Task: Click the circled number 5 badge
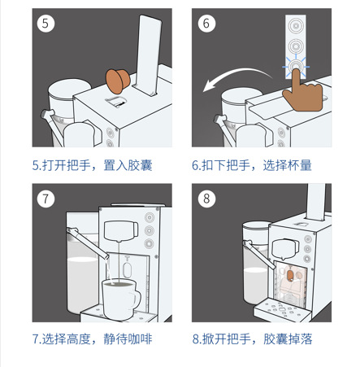46,24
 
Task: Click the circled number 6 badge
206,24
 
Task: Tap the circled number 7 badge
46,199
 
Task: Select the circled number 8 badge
206,199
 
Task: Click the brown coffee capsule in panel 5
117,81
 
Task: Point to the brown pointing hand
303,93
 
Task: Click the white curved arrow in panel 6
236,78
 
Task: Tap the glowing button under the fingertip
295,67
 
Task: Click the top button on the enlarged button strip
296,25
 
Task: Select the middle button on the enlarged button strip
296,46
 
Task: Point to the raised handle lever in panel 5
148,55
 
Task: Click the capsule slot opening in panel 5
116,102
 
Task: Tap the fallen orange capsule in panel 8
290,276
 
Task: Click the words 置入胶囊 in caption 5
128,165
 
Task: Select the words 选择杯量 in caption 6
287,165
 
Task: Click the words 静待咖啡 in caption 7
128,339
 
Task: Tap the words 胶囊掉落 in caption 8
288,339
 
